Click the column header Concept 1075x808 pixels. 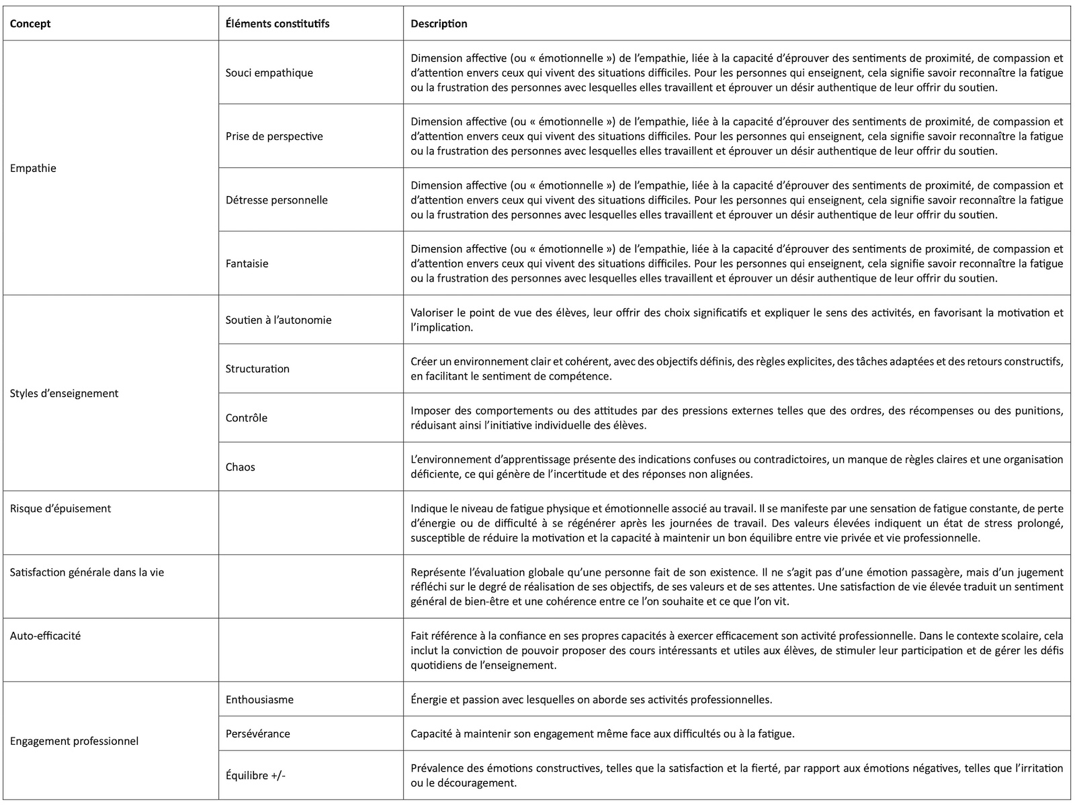pyautogui.click(x=30, y=24)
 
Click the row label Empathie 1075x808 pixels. pyautogui.click(x=33, y=168)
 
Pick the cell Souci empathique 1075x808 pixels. pyautogui.click(x=269, y=73)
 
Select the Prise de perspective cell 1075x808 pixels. pyautogui.click(x=274, y=136)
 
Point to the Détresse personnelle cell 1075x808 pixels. pyautogui.click(x=276, y=200)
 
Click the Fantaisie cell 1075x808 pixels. pyautogui.click(x=247, y=264)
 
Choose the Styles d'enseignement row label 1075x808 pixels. pyautogui.click(x=64, y=394)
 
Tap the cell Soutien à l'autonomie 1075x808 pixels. pyautogui.click(x=278, y=320)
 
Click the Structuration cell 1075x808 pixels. pyautogui.click(x=257, y=369)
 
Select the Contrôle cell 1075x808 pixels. pyautogui.click(x=246, y=418)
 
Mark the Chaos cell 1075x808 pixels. pyautogui.click(x=240, y=467)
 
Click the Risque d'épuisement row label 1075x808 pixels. pyautogui.click(x=60, y=508)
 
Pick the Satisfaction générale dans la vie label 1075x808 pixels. pyautogui.click(x=87, y=572)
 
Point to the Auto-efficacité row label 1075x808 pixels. pyautogui.click(x=45, y=635)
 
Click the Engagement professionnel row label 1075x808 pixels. pyautogui.click(x=74, y=742)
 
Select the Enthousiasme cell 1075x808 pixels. pyautogui.click(x=259, y=699)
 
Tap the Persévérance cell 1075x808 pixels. pyautogui.click(x=257, y=733)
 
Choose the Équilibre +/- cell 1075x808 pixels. pyautogui.click(x=255, y=775)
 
